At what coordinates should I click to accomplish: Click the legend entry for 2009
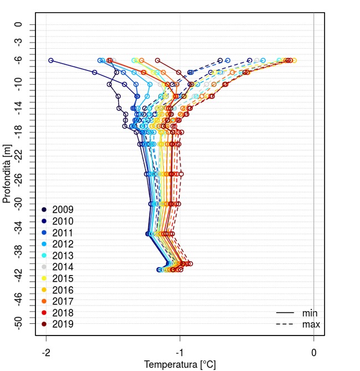[x=63, y=210]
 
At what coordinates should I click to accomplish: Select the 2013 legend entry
[x=63, y=255]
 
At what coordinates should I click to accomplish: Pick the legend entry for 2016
[x=63, y=289]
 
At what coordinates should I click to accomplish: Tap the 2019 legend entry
[x=63, y=324]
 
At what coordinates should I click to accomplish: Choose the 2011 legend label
[x=63, y=232]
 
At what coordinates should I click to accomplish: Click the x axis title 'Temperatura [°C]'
[x=179, y=364]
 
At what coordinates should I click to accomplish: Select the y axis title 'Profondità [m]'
[x=7, y=174]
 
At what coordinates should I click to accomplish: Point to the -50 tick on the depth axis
[x=18, y=324]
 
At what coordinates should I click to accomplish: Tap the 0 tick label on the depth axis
[x=18, y=24]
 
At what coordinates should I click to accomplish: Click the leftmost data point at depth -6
[x=51, y=60]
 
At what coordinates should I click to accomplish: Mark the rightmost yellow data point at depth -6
[x=294, y=60]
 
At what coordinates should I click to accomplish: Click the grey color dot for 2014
[x=44, y=267]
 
